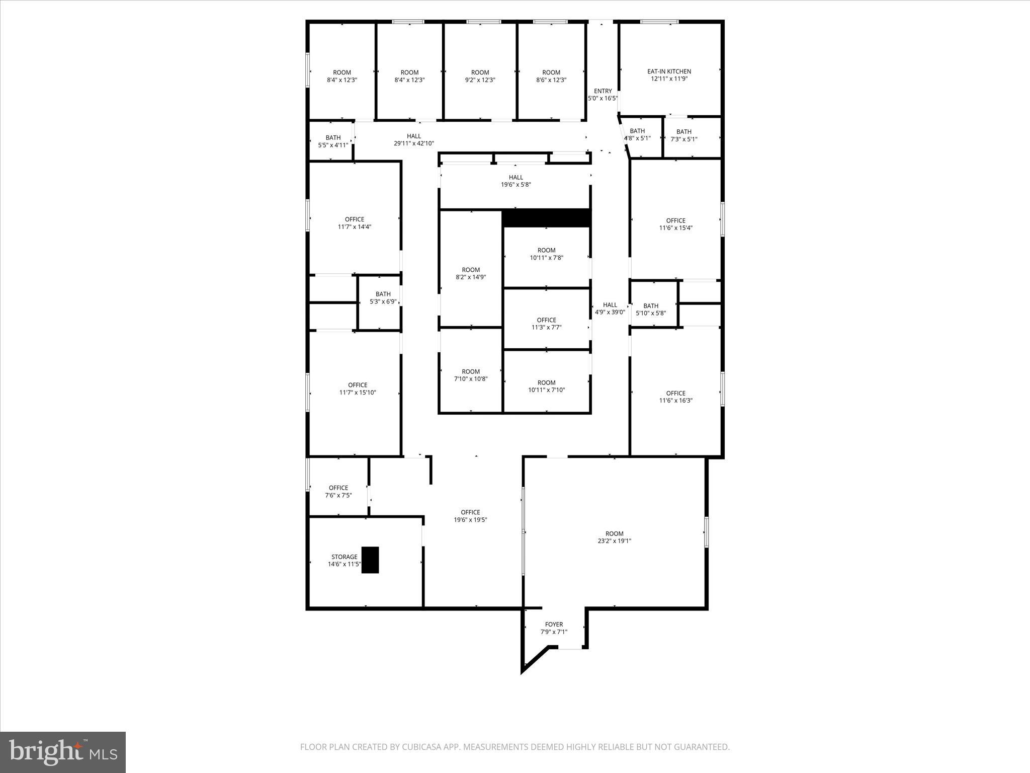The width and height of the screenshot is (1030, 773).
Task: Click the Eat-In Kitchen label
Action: (x=669, y=71)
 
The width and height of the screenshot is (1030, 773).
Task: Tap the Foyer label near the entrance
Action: (x=554, y=625)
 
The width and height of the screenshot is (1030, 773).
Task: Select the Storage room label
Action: (x=344, y=557)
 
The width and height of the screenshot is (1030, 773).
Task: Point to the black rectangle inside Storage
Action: (x=370, y=560)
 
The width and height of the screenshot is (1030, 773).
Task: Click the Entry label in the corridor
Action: (x=603, y=91)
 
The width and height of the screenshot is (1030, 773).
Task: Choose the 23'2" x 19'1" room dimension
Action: (x=614, y=541)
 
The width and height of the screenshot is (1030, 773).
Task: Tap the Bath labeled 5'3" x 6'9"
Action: (x=383, y=298)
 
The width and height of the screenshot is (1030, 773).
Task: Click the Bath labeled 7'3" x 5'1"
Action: (x=683, y=135)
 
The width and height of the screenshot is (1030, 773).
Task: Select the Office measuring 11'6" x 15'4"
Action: (x=675, y=224)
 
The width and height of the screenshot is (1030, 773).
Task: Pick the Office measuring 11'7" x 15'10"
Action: (x=357, y=389)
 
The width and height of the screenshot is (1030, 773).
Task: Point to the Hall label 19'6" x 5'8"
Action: (x=516, y=181)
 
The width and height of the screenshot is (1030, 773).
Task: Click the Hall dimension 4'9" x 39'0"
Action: (x=610, y=312)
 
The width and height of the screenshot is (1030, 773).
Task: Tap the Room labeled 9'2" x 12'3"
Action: (x=480, y=76)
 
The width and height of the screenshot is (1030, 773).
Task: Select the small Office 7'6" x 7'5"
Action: (x=338, y=491)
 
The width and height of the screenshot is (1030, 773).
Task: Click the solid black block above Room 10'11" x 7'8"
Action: (x=546, y=218)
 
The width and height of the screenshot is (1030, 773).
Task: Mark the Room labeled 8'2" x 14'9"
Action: (x=471, y=273)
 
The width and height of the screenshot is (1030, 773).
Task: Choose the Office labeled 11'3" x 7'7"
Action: (x=546, y=324)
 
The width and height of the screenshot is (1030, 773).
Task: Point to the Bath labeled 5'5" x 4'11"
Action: (x=333, y=141)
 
